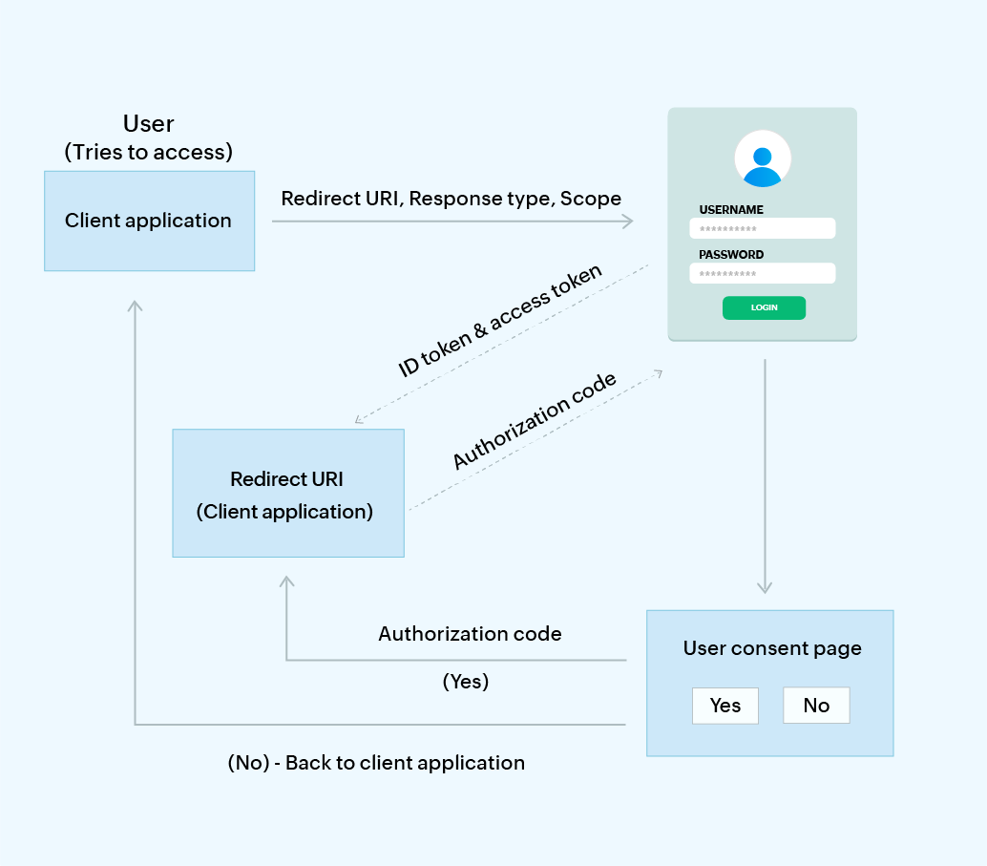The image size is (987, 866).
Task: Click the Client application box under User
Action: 149,221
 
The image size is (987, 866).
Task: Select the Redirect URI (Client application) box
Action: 287,494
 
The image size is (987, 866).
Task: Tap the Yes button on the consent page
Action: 725,706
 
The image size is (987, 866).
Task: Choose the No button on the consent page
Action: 816,706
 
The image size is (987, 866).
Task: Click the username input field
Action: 762,229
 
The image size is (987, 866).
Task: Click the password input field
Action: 762,274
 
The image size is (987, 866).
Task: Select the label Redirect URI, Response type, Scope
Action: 451,199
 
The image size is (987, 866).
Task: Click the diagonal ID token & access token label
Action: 500,320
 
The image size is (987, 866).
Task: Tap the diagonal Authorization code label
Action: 534,420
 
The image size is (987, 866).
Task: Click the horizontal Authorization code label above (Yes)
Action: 470,634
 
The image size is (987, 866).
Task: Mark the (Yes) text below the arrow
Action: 465,682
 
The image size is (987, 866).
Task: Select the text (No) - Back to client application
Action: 376,763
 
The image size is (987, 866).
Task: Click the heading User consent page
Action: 772,649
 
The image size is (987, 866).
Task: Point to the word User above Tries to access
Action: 149,124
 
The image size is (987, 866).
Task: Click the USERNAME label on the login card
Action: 731,210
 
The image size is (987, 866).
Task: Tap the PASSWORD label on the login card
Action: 731,255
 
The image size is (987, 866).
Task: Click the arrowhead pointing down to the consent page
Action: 764,586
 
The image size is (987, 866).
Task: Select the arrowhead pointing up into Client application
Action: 135,306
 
